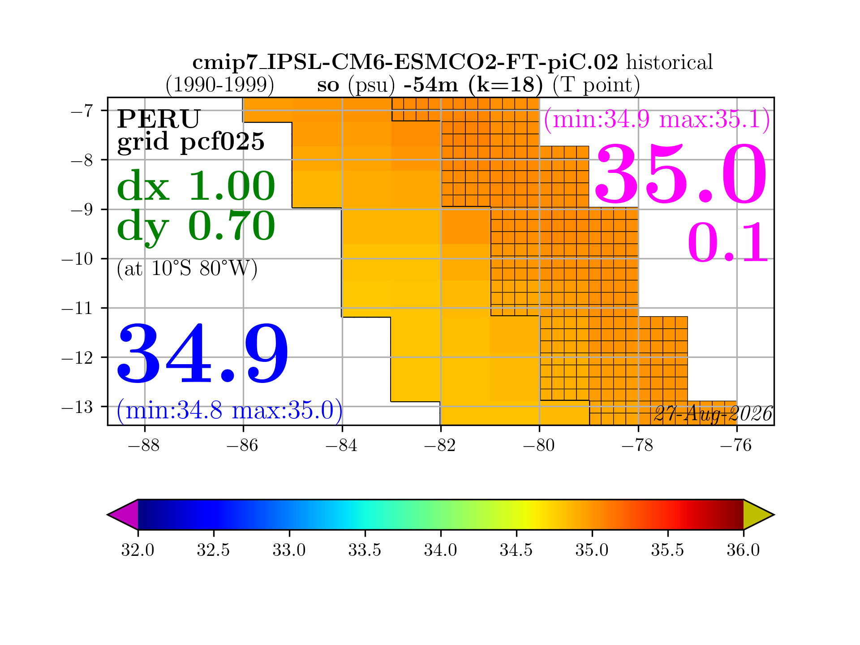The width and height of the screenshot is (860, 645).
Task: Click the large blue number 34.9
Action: pos(202,354)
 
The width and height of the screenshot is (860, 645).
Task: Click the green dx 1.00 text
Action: pos(196,186)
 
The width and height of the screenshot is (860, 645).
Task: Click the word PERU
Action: pos(159,119)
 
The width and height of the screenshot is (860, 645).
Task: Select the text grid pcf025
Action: pos(191,142)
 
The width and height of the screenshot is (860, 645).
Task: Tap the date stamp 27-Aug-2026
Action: pos(713,414)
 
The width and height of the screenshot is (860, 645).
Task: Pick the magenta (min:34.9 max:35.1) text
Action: pos(657,120)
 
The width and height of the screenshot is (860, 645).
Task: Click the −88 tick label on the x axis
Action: pos(144,446)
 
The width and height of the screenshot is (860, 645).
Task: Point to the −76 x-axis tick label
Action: pos(736,446)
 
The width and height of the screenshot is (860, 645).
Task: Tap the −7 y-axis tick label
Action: pos(82,111)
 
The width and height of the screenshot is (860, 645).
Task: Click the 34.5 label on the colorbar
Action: pos(516,550)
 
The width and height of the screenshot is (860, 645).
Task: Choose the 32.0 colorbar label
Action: pos(138,550)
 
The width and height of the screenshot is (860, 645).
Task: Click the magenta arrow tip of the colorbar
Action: pos(108,515)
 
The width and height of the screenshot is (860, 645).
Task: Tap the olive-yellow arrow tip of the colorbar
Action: pos(774,515)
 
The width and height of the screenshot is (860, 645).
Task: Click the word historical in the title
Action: pos(669,62)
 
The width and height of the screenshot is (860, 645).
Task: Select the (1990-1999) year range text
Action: pos(219,85)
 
